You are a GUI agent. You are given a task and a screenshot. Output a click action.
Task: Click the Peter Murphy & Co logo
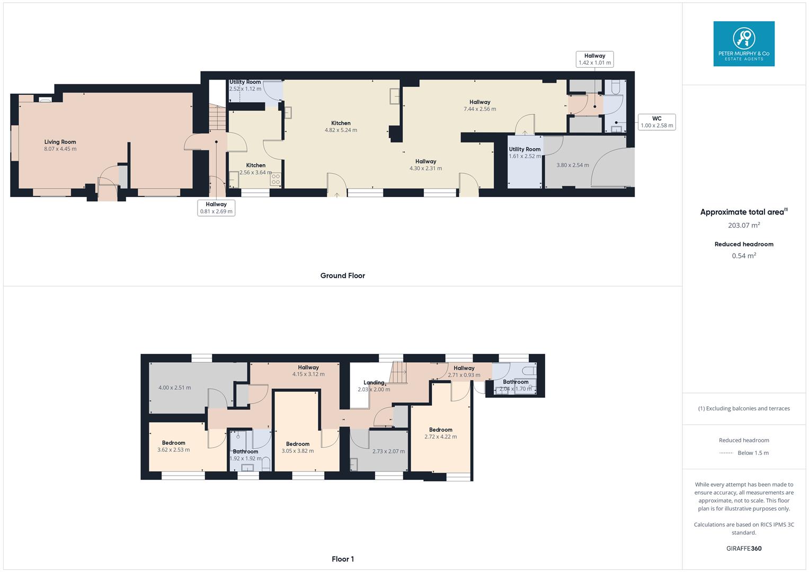pyautogui.click(x=743, y=43)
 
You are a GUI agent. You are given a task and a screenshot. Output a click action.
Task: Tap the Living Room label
pyautogui.click(x=60, y=142)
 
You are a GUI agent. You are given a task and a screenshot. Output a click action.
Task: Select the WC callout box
pyautogui.click(x=656, y=122)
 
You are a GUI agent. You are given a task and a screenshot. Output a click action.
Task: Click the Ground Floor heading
pyautogui.click(x=342, y=275)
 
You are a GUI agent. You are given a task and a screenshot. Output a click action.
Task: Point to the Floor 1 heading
pyautogui.click(x=343, y=559)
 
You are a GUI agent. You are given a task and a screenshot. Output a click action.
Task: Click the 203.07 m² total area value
pyautogui.click(x=744, y=225)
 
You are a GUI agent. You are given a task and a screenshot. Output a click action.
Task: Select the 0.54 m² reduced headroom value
pyautogui.click(x=744, y=256)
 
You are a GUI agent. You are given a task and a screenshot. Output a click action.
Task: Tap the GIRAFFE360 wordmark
pyautogui.click(x=744, y=548)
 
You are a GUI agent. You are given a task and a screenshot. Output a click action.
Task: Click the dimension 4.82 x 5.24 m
pyautogui.click(x=341, y=130)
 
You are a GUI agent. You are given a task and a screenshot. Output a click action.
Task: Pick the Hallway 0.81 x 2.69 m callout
pyautogui.click(x=216, y=208)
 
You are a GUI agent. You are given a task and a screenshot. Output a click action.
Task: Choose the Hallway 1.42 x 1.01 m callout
pyautogui.click(x=594, y=59)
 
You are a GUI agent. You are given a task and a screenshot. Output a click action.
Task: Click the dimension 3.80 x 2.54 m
pyautogui.click(x=573, y=165)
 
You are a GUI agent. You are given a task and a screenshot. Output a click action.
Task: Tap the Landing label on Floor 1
pyautogui.click(x=374, y=382)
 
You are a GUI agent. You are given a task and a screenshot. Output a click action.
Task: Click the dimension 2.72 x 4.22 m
pyautogui.click(x=440, y=437)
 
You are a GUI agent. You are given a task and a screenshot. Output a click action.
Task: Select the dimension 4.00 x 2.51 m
pyautogui.click(x=175, y=388)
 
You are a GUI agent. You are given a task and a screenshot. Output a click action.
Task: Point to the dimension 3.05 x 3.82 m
pyautogui.click(x=297, y=451)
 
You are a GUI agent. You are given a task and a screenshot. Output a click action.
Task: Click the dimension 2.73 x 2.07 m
pyautogui.click(x=388, y=451)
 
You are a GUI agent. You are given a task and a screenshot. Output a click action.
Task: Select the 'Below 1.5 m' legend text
pyautogui.click(x=753, y=453)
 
